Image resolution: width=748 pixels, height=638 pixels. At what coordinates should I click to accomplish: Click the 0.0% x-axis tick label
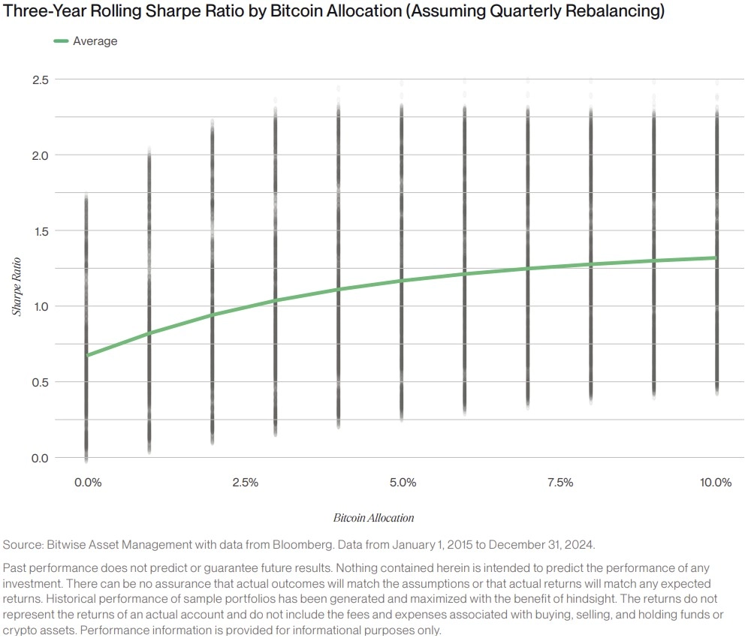click(88, 483)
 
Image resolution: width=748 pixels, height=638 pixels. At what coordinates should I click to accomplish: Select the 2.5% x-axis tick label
click(246, 483)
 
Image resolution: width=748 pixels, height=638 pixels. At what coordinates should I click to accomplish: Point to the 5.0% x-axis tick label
click(403, 483)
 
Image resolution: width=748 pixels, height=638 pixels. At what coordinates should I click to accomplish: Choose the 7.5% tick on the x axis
click(560, 483)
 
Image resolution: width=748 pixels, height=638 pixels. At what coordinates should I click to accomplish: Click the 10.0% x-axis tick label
click(716, 483)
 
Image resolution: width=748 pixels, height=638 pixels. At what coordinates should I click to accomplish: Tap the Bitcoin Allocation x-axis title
click(373, 518)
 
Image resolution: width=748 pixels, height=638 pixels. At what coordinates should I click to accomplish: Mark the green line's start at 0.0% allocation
click(88, 355)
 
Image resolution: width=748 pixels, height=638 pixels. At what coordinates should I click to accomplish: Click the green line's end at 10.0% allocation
click(716, 257)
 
